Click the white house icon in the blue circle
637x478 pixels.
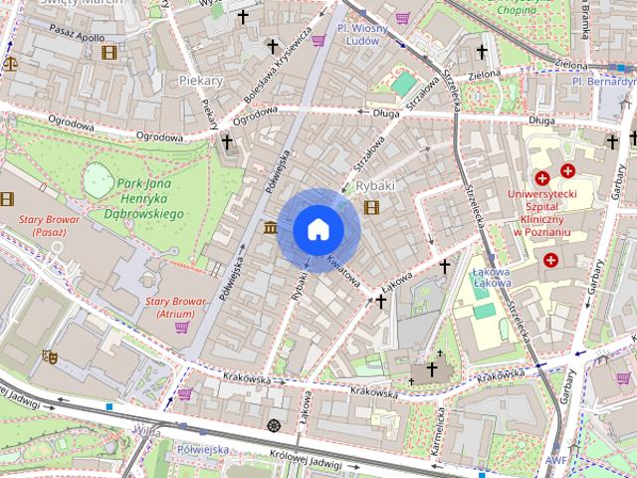click(318, 230)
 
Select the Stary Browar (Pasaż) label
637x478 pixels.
click(34, 225)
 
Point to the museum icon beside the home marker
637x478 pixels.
click(271, 228)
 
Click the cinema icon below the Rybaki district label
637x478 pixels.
click(371, 207)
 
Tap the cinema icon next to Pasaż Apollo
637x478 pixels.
click(107, 51)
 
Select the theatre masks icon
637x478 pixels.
click(50, 356)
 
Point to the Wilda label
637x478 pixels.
click(145, 431)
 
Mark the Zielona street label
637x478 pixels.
click(486, 74)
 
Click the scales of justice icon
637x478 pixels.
click(11, 61)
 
